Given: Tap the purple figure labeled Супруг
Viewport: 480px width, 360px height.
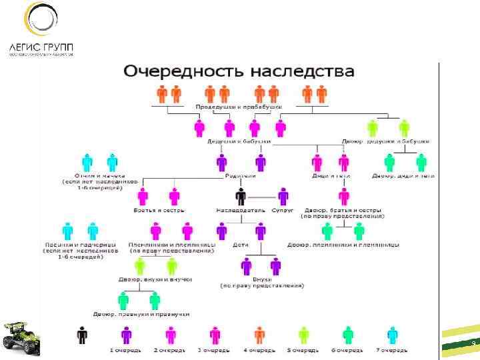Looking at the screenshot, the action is pos(283,197).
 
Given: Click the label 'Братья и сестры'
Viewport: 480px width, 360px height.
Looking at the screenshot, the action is pos(157,210).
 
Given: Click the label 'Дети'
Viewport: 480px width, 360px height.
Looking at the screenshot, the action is pos(241,245).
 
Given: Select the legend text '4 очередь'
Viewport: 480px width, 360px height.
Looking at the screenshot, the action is pos(259,349).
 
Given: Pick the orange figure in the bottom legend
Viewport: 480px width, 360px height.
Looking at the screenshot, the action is pos(259,335).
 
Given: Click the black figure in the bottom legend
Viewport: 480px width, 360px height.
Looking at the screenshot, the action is pos(81,335).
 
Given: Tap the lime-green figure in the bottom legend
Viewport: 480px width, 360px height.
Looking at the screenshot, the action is pos(304,335).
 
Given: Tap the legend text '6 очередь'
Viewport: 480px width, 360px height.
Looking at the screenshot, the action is pos(348,349).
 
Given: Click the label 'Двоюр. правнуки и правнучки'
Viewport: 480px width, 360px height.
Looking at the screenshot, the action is pos(141,314).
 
